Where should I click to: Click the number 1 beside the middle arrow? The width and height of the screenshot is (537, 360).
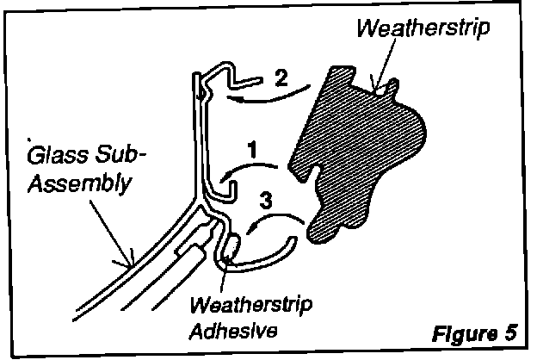(x=251, y=149)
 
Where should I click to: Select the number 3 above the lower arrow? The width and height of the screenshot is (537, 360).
(x=268, y=204)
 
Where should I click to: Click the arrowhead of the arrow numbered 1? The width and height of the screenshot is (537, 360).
(x=225, y=177)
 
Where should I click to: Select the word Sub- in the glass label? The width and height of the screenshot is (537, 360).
(x=122, y=158)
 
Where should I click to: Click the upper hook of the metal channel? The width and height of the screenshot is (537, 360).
(x=245, y=81)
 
